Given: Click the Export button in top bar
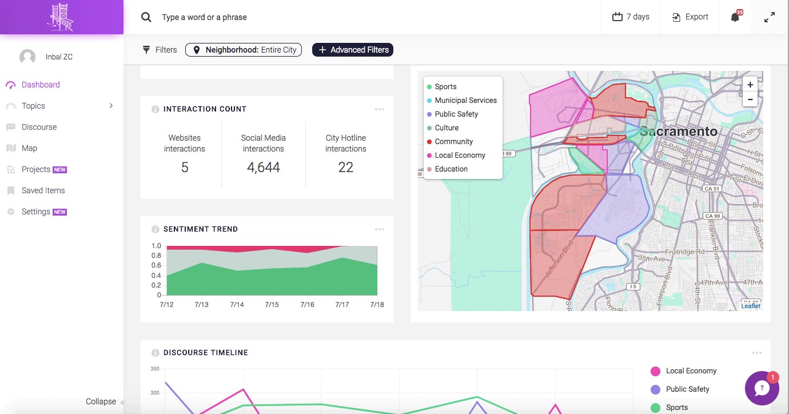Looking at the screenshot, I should click(x=690, y=17).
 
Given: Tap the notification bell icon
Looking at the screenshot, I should click(x=735, y=17).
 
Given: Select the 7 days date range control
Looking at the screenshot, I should click(x=631, y=17).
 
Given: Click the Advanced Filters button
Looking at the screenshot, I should click(x=353, y=50).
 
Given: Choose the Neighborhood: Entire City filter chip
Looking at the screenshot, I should click(x=244, y=50).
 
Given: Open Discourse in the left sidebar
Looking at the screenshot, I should click(x=39, y=127).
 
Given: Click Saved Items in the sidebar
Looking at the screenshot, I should click(x=43, y=190).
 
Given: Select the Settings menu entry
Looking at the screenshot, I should click(x=36, y=212).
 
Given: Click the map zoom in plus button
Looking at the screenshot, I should click(x=750, y=85).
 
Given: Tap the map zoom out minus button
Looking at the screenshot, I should click(x=750, y=99).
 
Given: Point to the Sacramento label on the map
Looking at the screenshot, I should click(x=678, y=132).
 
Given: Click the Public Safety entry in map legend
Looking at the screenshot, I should click(x=456, y=114).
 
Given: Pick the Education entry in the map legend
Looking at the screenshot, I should click(x=451, y=169).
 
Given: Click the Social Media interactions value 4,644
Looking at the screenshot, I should click(x=264, y=168).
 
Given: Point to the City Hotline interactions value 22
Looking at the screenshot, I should click(x=346, y=168).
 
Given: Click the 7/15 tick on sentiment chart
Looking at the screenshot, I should click(x=272, y=305).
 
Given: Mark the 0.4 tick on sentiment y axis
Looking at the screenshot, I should click(x=156, y=276).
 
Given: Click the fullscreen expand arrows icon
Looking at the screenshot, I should click(x=770, y=17).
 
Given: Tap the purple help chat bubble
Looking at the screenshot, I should click(x=762, y=388).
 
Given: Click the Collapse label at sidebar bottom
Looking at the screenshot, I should click(x=101, y=401).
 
